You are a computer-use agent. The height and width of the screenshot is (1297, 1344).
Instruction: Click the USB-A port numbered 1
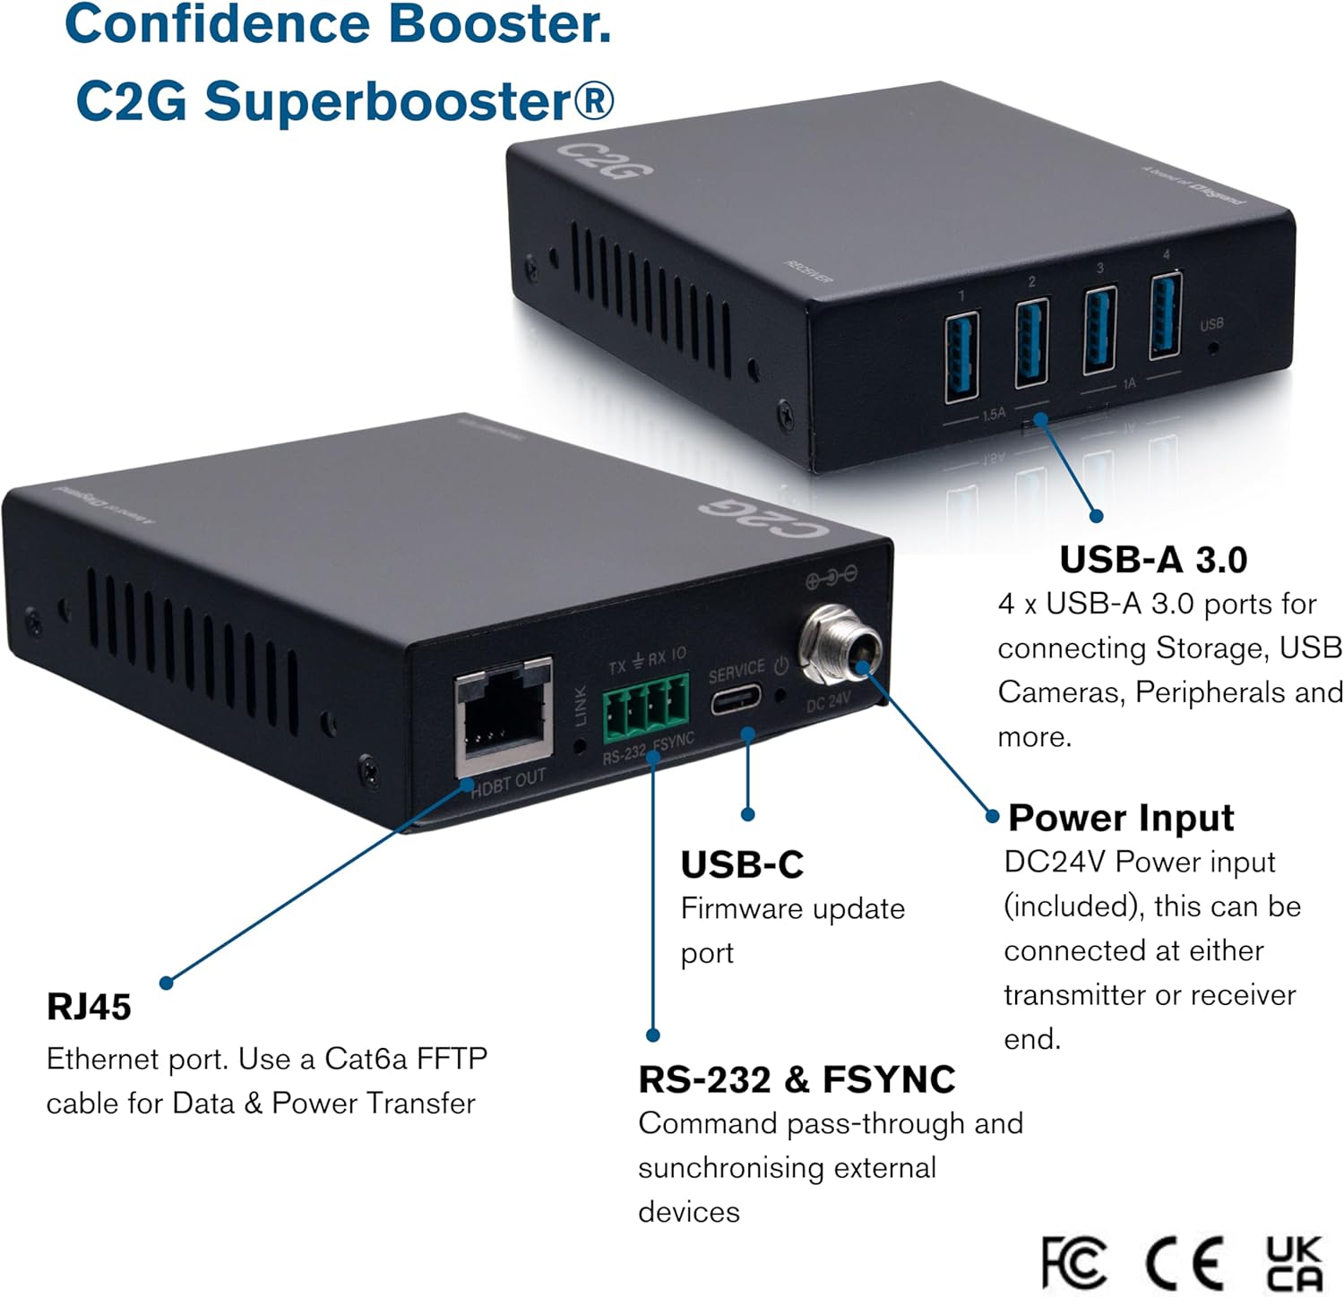click(x=961, y=355)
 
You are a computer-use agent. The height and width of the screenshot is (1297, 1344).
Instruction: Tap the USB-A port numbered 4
click(x=1165, y=315)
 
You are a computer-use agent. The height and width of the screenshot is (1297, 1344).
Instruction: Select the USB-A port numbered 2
click(x=1030, y=342)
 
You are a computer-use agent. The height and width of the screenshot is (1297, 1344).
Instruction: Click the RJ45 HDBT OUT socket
click(x=503, y=717)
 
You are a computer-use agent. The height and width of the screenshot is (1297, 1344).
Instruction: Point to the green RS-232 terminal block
click(x=645, y=708)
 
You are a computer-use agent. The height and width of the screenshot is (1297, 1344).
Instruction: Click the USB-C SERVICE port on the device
click(x=736, y=700)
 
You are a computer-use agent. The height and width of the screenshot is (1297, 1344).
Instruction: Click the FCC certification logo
click(x=1073, y=1263)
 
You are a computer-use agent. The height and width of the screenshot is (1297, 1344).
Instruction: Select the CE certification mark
click(x=1185, y=1263)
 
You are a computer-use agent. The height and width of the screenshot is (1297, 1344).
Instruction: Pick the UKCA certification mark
click(x=1293, y=1263)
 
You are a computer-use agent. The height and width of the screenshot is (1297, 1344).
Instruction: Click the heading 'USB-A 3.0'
click(x=1153, y=560)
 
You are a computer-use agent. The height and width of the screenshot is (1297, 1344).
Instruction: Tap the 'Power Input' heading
click(x=1120, y=818)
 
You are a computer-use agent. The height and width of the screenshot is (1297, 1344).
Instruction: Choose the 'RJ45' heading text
click(x=89, y=1007)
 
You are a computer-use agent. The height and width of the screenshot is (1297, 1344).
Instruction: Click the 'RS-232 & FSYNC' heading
click(x=797, y=1079)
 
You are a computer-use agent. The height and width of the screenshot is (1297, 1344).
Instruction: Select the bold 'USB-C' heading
click(x=742, y=864)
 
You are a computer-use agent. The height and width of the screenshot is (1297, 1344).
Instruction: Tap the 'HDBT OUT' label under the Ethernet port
click(x=508, y=782)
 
